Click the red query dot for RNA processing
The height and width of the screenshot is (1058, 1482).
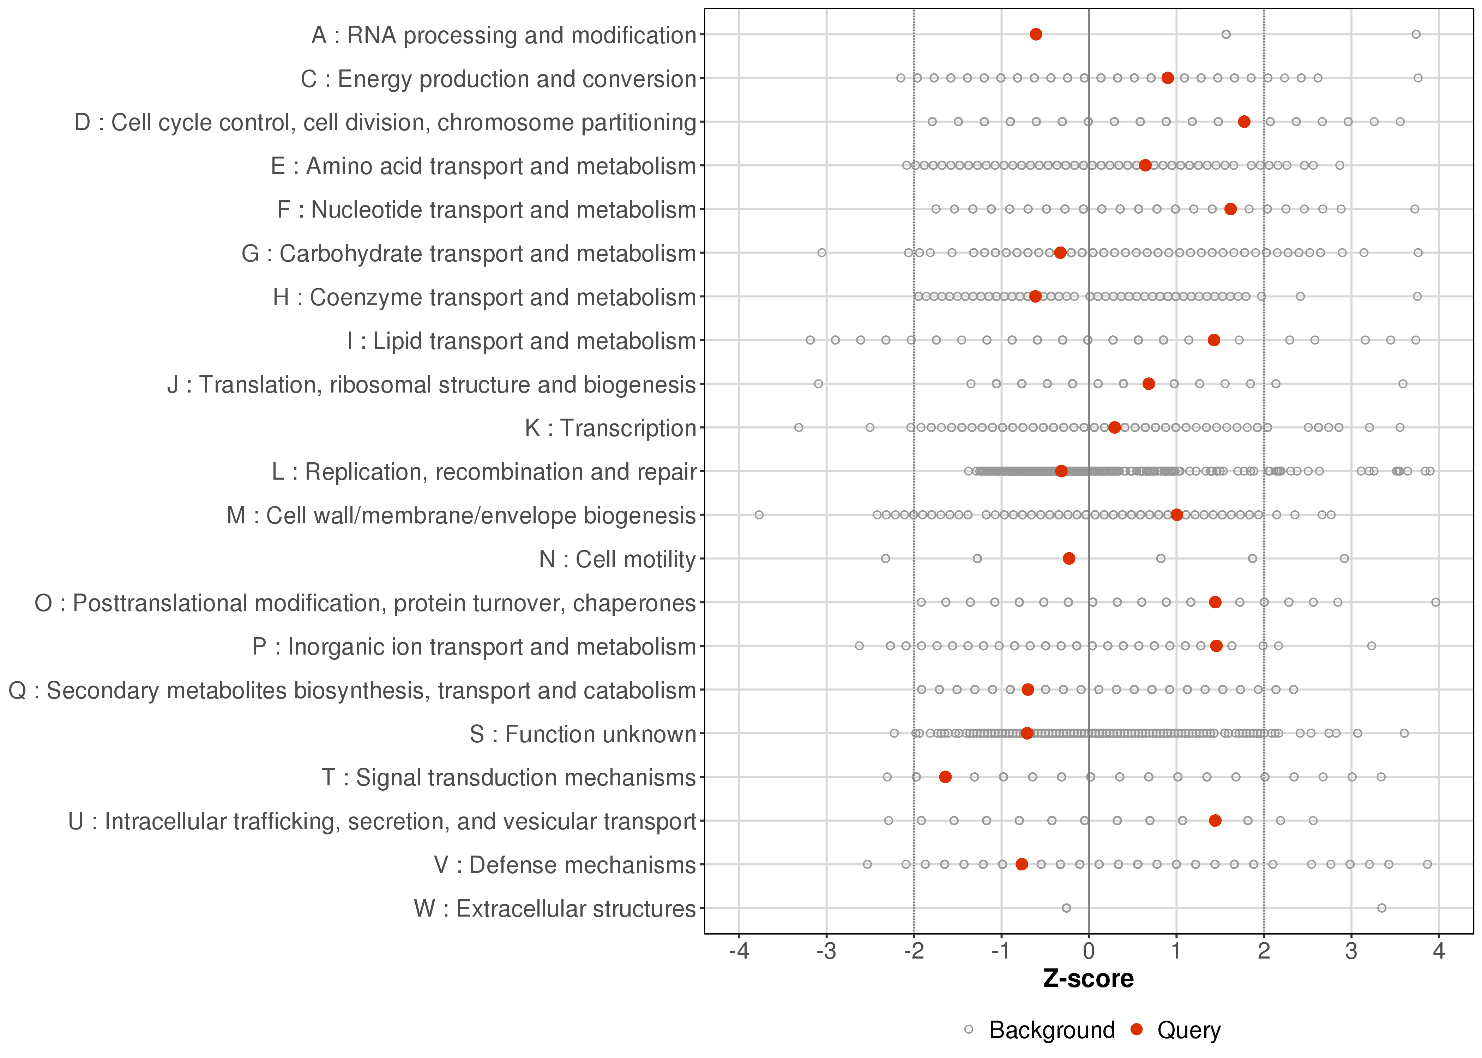click(1036, 35)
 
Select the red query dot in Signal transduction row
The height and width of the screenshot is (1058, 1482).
click(945, 777)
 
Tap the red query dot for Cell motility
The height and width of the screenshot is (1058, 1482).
click(1069, 558)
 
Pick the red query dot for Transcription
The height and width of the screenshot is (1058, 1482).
click(1114, 427)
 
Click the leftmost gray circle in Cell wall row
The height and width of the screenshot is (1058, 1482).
click(759, 515)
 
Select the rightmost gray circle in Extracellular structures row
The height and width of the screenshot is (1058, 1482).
click(1382, 907)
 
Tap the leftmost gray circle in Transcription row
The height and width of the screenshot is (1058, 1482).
click(799, 427)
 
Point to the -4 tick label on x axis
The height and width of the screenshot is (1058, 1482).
click(739, 952)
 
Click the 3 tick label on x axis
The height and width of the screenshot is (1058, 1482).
click(1351, 952)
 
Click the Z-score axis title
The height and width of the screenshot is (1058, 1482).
click(1088, 979)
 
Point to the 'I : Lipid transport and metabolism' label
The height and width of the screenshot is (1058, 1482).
click(522, 341)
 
